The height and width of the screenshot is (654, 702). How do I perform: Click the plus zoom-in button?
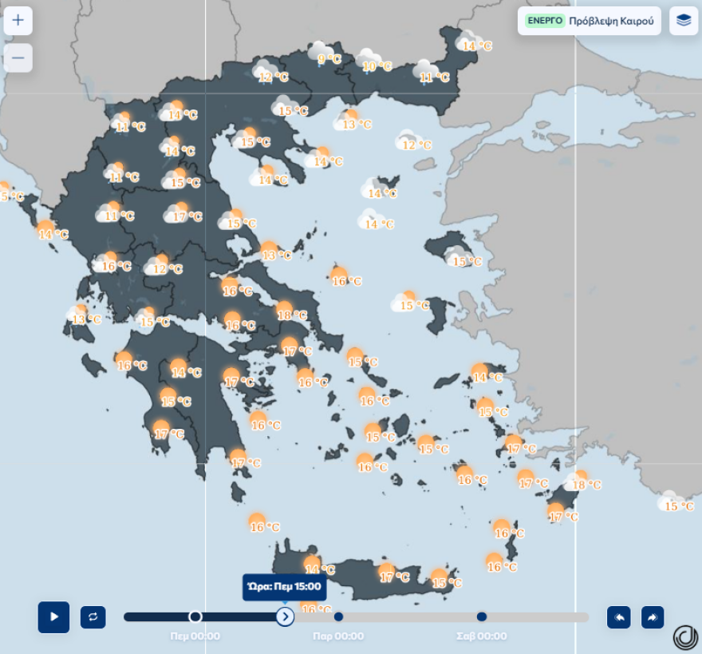pos(18,21)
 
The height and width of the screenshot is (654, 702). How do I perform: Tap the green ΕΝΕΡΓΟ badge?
pos(545,21)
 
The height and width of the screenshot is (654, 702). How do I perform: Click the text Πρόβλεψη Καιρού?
pos(611,21)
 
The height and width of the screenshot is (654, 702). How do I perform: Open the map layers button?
pos(684,21)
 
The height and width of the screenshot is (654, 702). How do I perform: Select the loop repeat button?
pos(93,616)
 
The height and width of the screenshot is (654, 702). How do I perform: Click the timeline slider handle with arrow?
pos(285,616)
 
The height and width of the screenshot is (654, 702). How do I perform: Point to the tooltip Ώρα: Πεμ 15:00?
pos(284,587)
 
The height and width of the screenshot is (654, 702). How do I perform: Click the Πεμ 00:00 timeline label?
pos(195,636)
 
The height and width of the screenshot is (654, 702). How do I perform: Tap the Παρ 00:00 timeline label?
pos(338,636)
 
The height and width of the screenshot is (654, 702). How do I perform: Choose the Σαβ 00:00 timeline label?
pos(481,636)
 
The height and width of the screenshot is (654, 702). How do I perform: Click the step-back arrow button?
pos(618,616)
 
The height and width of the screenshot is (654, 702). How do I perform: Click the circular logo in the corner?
pos(684,636)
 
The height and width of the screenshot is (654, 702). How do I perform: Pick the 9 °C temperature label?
pos(329,59)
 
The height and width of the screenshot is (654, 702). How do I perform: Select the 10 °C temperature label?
pos(377,67)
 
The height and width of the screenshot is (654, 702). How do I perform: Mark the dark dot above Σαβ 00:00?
pos(482,616)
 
